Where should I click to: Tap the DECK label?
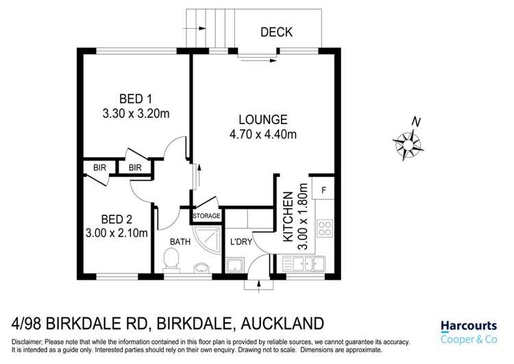coord(277,32)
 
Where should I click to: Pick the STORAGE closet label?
coord(207,216)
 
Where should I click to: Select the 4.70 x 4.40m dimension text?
coord(263,134)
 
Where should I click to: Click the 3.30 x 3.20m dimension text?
coord(134,114)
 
